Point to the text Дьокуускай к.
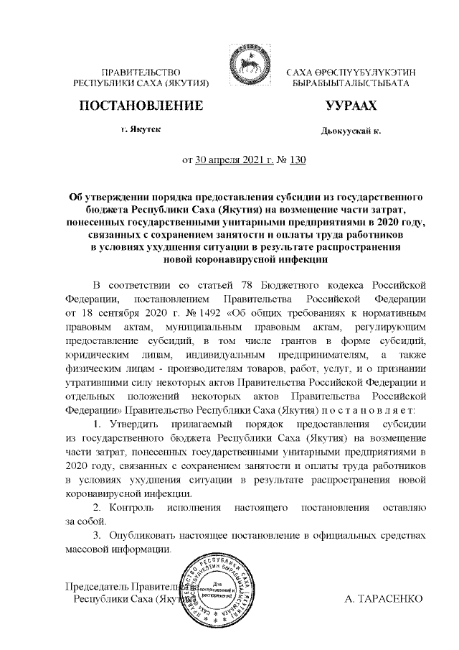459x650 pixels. [x=351, y=131]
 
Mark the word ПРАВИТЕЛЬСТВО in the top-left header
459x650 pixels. [x=141, y=73]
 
